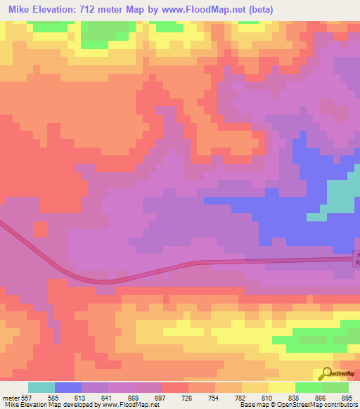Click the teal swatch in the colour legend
pos(41,387)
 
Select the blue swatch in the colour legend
pos(68,387)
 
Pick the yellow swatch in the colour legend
pos(282,387)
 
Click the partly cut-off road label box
pos(356,259)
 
